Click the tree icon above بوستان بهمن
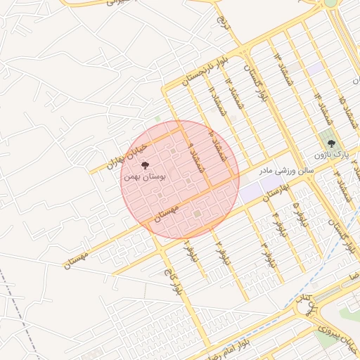click(146, 166)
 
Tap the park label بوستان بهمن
click(144, 177)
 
